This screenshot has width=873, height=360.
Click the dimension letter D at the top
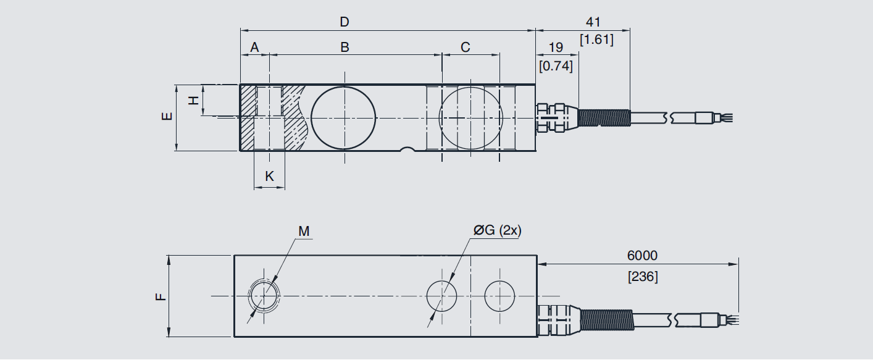click(x=345, y=22)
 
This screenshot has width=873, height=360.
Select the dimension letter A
click(x=254, y=47)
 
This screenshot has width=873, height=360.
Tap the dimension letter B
click(x=345, y=47)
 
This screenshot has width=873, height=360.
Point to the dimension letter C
click(x=466, y=47)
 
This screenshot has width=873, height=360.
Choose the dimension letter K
click(x=269, y=176)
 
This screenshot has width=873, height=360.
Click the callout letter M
click(x=303, y=231)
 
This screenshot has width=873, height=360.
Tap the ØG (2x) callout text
click(x=498, y=230)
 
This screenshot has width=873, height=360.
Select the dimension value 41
click(x=593, y=22)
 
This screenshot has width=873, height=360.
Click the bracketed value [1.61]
click(x=596, y=40)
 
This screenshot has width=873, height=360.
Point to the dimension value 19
click(x=556, y=48)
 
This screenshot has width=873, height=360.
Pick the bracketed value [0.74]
click(x=556, y=65)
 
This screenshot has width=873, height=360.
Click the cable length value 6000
click(x=642, y=255)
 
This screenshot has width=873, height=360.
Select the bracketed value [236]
click(x=643, y=277)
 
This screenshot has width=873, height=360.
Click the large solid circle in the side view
click(x=343, y=117)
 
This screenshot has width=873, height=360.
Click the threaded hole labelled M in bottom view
click(x=264, y=296)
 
